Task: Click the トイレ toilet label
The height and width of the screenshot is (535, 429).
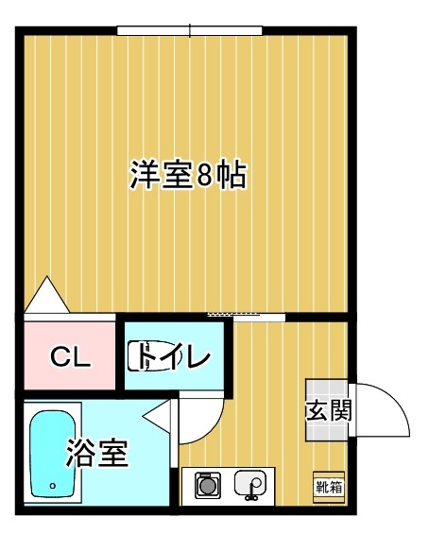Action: (176, 357)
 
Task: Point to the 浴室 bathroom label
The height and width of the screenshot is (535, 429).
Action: (96, 454)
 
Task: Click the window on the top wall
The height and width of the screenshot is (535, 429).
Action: (189, 30)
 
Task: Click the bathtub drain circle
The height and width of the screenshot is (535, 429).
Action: (53, 487)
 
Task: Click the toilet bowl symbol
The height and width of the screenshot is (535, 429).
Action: (149, 358)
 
